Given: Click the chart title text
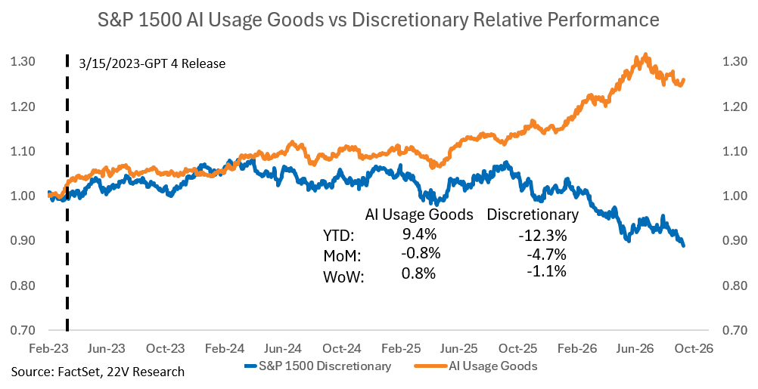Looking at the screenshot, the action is tap(378, 20).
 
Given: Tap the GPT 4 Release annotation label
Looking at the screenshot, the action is tap(152, 63).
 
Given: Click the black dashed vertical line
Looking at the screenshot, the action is tap(67, 193).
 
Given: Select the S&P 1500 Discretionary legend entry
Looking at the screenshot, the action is tap(318, 366).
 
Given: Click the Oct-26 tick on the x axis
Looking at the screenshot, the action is tap(695, 348).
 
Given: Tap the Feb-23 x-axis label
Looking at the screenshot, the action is tap(48, 348).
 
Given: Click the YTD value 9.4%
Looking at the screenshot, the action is tap(420, 235).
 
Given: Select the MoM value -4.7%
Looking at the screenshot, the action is tap(545, 254).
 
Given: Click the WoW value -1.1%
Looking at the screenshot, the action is tap(545, 272).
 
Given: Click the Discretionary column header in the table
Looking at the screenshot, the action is tap(533, 215).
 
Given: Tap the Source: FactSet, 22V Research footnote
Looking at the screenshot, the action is tap(98, 372).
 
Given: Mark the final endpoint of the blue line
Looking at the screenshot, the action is tap(684, 245).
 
